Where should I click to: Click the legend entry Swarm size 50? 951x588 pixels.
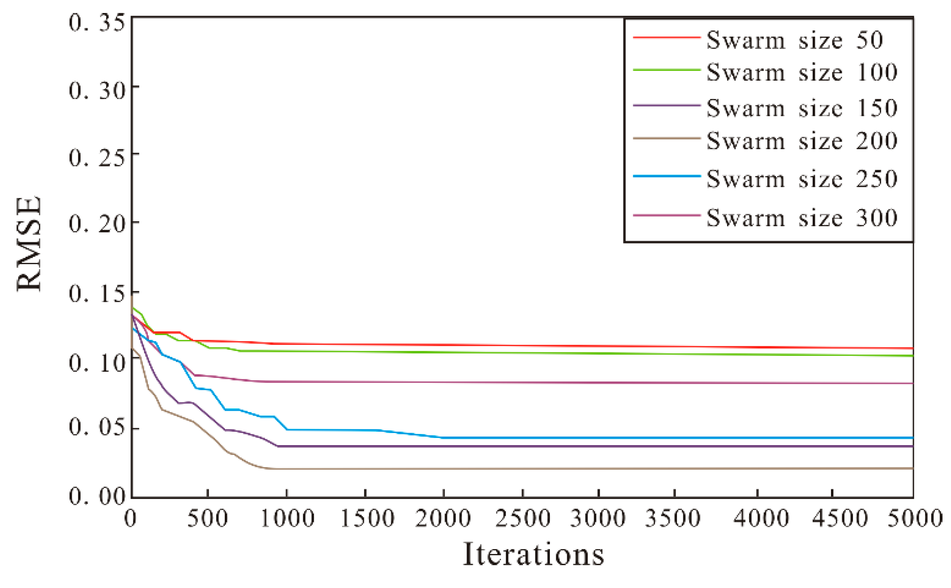tap(794, 40)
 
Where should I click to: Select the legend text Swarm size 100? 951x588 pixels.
tap(801, 72)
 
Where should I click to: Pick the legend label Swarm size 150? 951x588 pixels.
tap(801, 108)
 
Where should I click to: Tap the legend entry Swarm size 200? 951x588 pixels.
tap(801, 141)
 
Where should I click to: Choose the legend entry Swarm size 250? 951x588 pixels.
tap(801, 179)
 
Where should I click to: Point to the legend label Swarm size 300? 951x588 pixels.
tap(801, 218)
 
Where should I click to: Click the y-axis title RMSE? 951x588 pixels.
tap(29, 244)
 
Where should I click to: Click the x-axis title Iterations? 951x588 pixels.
tap(533, 554)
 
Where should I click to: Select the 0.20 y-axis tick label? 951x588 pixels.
tap(96, 223)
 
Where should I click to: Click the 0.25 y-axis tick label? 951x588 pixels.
tap(96, 157)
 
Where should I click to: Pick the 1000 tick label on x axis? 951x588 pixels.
tap(287, 519)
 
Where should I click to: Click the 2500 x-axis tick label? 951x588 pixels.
tap(523, 519)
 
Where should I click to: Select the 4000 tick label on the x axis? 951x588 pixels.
tap(761, 519)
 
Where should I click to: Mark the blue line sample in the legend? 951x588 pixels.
tap(667, 176)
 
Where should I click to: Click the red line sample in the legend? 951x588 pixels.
tap(667, 38)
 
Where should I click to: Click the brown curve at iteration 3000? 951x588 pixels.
tap(599, 468)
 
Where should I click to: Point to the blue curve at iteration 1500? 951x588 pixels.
tap(365, 430)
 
